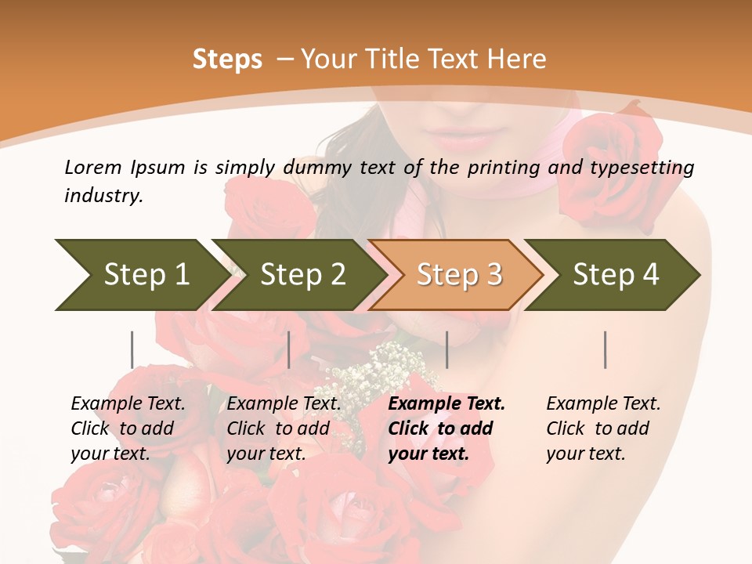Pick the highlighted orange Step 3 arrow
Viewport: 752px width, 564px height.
(457, 274)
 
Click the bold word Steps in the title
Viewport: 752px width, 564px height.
(227, 59)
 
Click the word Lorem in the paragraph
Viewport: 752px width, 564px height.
(92, 167)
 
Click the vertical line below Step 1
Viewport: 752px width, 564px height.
(132, 349)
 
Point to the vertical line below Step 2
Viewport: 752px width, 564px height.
(289, 349)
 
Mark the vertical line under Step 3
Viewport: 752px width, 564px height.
(446, 349)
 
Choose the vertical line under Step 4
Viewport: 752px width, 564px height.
(605, 349)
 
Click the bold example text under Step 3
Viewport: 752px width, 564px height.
(445, 428)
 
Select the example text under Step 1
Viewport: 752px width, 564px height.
(127, 428)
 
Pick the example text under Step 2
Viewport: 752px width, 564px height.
(283, 428)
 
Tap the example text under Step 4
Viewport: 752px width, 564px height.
(602, 428)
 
